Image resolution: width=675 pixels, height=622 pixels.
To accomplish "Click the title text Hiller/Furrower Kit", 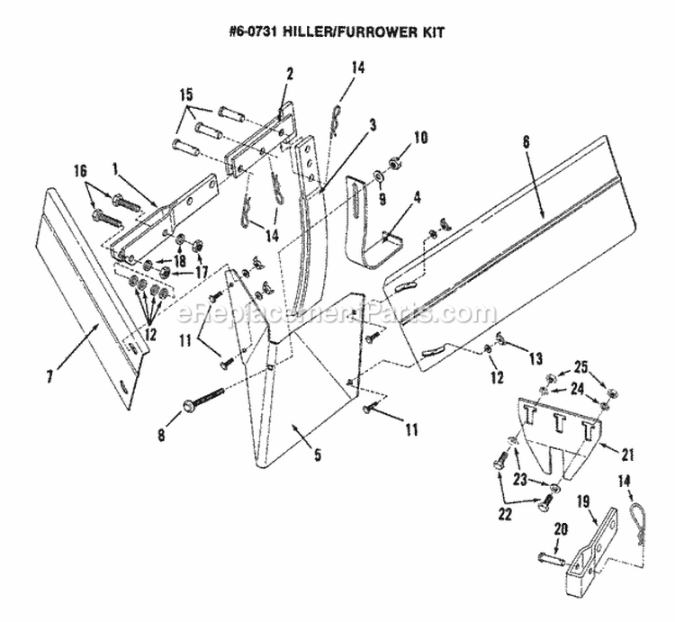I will tap(337, 30).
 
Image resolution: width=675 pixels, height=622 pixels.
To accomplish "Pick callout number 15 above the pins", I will tap(186, 93).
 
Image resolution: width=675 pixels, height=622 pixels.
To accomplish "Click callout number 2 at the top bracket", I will tap(289, 75).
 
